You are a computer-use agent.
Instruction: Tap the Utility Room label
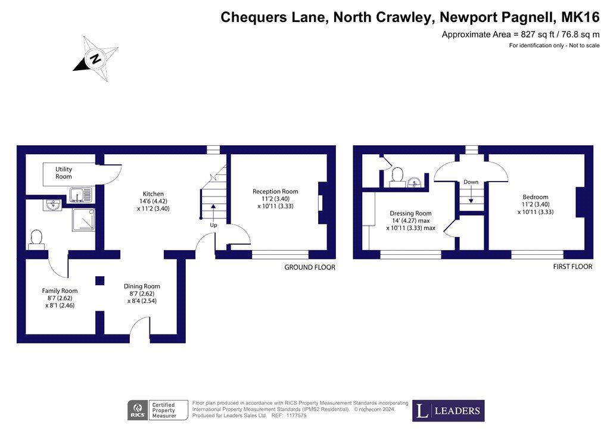coord(64,173)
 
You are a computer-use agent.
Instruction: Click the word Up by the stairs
coord(213,226)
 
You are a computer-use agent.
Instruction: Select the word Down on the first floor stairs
coord(471,182)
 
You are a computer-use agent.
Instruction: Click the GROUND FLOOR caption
coord(310,267)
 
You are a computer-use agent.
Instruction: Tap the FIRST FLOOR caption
coord(573,267)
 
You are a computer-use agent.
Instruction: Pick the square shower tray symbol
coord(82,220)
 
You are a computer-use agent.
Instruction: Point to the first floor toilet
coord(396,177)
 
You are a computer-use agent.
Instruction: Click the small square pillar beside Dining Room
coord(99,280)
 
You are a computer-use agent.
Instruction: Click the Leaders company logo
coord(449,411)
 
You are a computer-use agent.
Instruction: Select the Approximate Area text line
coord(519,35)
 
